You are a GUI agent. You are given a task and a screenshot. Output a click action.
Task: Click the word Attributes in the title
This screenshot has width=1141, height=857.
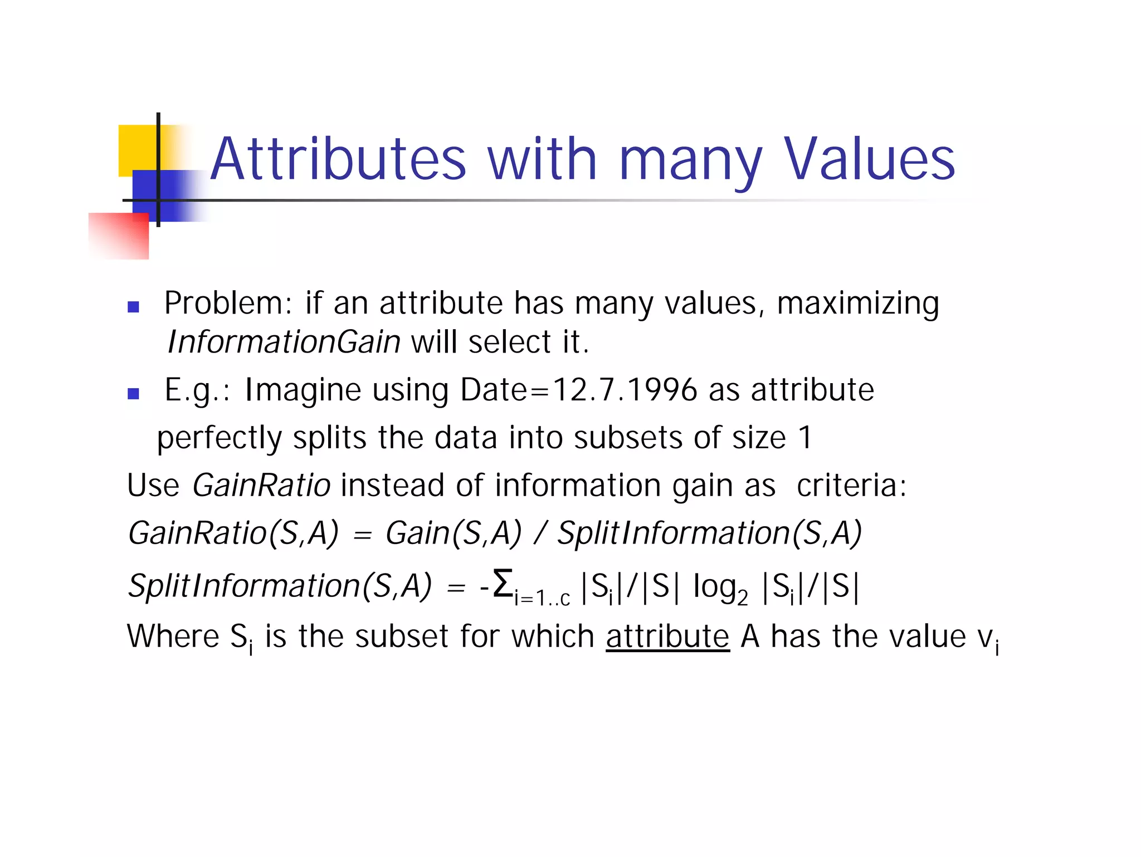tap(338, 160)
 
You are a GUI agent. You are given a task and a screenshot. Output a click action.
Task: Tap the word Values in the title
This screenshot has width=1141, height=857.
tap(870, 160)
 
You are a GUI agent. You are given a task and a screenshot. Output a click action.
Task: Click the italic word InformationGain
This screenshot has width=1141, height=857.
tap(284, 342)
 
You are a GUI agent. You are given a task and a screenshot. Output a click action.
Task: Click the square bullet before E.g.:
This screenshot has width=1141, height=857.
tap(133, 394)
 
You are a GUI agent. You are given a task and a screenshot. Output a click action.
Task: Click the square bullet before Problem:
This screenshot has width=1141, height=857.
tap(133, 307)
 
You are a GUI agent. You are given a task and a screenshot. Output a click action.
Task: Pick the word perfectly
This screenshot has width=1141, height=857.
tap(220, 438)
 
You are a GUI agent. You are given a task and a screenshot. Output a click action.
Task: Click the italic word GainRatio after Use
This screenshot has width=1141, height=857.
tap(261, 486)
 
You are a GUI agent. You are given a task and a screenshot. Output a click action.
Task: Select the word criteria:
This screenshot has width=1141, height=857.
tap(851, 486)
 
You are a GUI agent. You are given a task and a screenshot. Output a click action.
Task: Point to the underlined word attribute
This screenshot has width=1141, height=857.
tap(667, 636)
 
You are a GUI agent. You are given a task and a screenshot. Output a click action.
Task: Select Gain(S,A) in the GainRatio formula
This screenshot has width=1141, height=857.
tap(454, 533)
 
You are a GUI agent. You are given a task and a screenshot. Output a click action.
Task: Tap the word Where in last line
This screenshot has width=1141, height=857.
tap(173, 636)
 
